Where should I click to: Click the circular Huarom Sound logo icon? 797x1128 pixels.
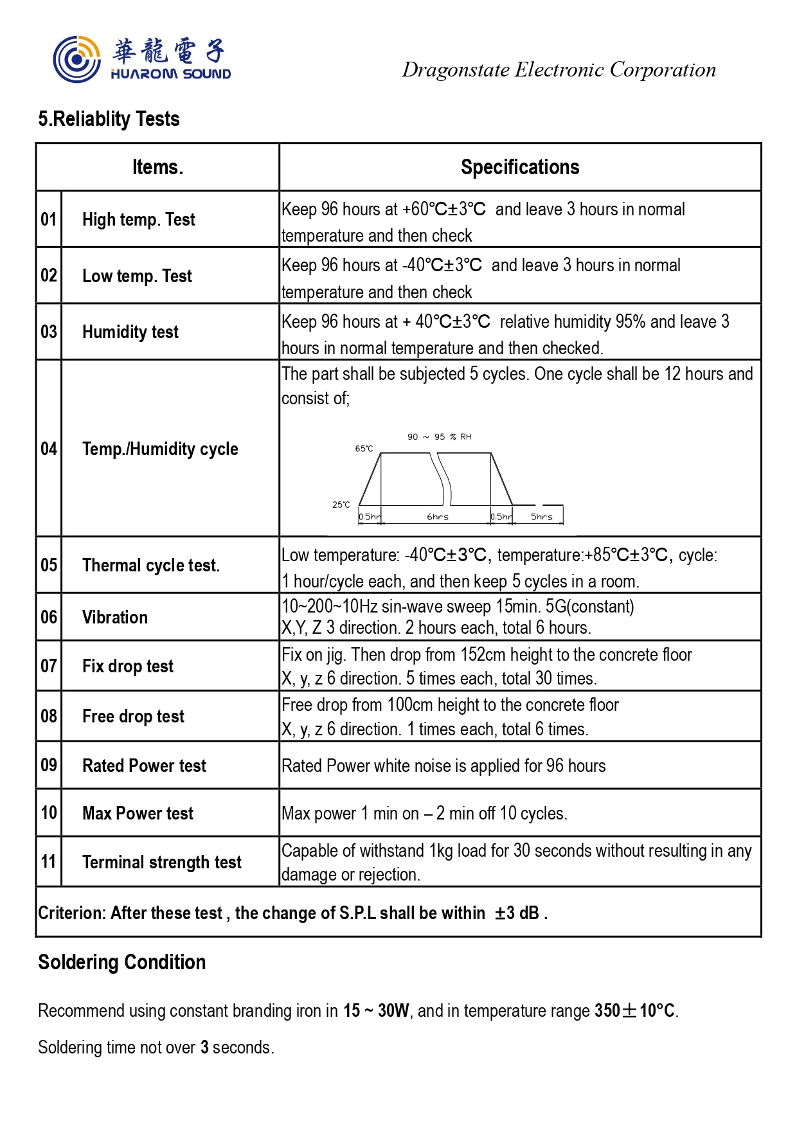[76, 59]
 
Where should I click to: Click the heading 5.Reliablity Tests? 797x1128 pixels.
[109, 119]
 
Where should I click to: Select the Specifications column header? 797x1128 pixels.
[519, 167]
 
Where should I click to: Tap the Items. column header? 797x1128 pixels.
[157, 167]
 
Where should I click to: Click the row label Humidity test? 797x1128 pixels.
[130, 332]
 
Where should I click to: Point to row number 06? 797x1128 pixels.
[49, 617]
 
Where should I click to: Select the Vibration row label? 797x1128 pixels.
[115, 617]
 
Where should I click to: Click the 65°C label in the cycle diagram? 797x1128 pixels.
[364, 449]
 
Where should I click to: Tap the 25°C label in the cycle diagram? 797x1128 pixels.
[341, 505]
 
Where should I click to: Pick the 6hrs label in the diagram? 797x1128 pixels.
[438, 517]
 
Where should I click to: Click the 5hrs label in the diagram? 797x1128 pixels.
[541, 517]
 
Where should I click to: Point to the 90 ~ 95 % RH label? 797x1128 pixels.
[439, 437]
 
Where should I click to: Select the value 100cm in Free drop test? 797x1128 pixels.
[409, 705]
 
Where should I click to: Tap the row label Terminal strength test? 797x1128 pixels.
[162, 862]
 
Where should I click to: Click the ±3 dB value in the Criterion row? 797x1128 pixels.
[517, 913]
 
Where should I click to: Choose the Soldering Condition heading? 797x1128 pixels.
[122, 962]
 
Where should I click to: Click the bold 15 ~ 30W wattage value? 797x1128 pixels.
[376, 1010]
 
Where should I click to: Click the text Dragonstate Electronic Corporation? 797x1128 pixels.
[559, 69]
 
